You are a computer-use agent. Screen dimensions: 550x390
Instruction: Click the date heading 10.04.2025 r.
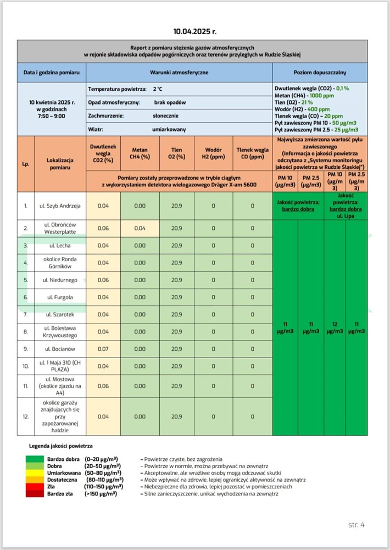pyautogui.click(x=194, y=32)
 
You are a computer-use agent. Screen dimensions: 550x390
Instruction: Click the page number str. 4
pyautogui.click(x=356, y=524)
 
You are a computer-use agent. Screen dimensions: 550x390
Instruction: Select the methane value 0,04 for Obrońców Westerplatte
pyautogui.click(x=140, y=228)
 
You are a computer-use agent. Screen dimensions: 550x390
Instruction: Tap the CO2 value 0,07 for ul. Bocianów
pyautogui.click(x=103, y=349)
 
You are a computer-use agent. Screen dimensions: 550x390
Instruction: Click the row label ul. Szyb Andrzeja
pyautogui.click(x=60, y=206)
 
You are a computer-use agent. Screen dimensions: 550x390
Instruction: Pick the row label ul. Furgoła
pyautogui.click(x=60, y=297)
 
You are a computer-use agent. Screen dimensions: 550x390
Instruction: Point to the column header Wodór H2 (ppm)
pyautogui.click(x=214, y=153)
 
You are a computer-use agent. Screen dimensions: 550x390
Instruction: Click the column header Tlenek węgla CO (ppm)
pyautogui.click(x=253, y=153)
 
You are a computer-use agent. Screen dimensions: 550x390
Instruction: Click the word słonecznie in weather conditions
pyautogui.click(x=165, y=116)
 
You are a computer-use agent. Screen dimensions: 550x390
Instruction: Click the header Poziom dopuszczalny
pyautogui.click(x=320, y=73)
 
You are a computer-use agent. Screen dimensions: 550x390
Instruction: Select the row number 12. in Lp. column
pyautogui.click(x=26, y=417)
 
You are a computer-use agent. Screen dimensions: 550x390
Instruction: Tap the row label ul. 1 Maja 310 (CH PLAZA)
pyautogui.click(x=60, y=366)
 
